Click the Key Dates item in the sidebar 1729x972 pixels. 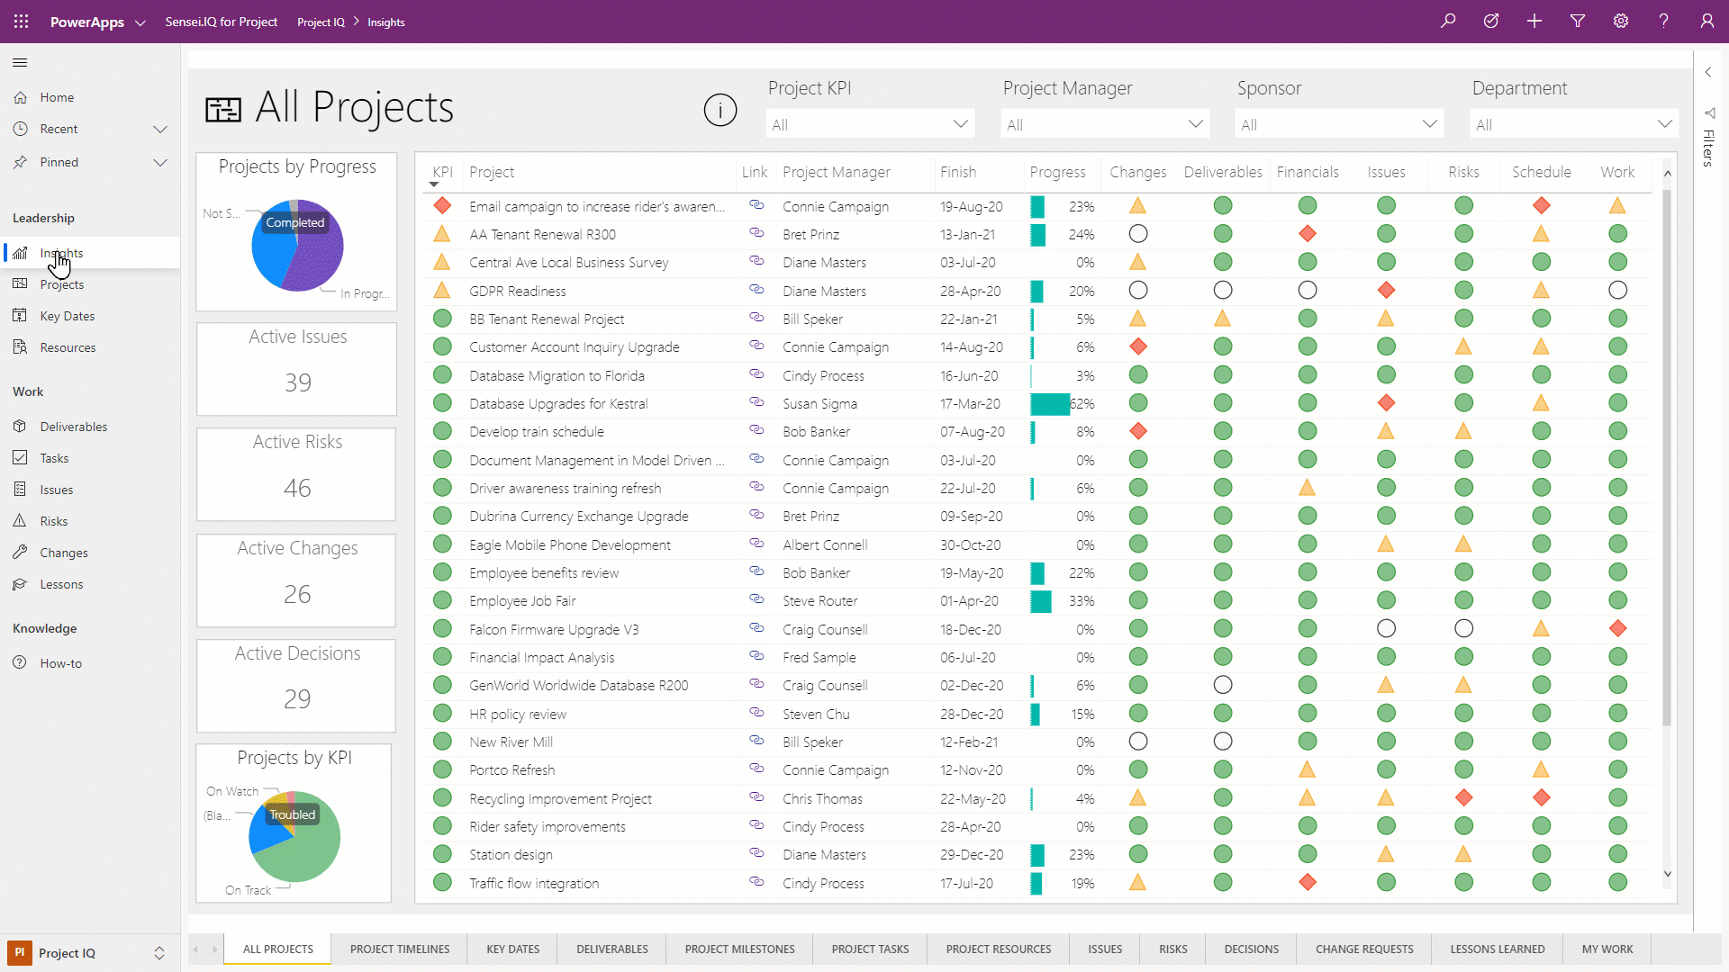pyautogui.click(x=67, y=316)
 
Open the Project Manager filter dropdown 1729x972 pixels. pyautogui.click(x=1104, y=124)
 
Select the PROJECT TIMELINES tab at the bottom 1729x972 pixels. pyautogui.click(x=399, y=949)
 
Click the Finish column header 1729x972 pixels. pyautogui.click(x=957, y=172)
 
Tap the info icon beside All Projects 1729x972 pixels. pyautogui.click(x=720, y=110)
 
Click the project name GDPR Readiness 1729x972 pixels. pyautogui.click(x=517, y=291)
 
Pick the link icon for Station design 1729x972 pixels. pyautogui.click(x=756, y=853)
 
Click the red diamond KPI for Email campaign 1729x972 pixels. pyautogui.click(x=442, y=206)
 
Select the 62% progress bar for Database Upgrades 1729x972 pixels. pyautogui.click(x=1050, y=404)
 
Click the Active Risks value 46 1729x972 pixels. pyautogui.click(x=296, y=488)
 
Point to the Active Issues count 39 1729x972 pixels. pyautogui.click(x=297, y=382)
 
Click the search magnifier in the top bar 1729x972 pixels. pyautogui.click(x=1448, y=21)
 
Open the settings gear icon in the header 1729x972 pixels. pyautogui.click(x=1621, y=21)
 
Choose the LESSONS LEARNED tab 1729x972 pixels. pyautogui.click(x=1497, y=949)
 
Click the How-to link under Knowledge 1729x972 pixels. pyautogui.click(x=60, y=663)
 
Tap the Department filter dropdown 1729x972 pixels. pyautogui.click(x=1573, y=124)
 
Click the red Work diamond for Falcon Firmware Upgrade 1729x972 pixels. pyautogui.click(x=1617, y=628)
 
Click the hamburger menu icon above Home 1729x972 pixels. pyautogui.click(x=20, y=62)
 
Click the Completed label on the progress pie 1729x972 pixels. pyautogui.click(x=294, y=222)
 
